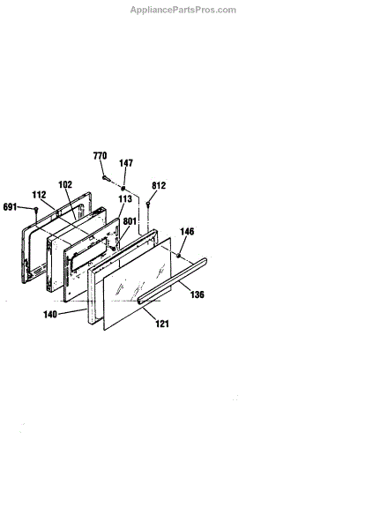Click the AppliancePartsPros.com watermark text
(183, 10)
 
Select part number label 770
(100, 155)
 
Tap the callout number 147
(126, 163)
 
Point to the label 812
(159, 185)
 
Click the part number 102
(65, 184)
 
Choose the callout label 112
(39, 195)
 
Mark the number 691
(10, 207)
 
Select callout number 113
(125, 198)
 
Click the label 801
(130, 221)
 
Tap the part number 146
(187, 231)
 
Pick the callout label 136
(198, 294)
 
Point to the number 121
(162, 324)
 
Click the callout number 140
(50, 315)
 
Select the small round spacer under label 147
(123, 188)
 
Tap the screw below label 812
(148, 205)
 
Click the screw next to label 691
(36, 211)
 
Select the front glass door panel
(137, 283)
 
